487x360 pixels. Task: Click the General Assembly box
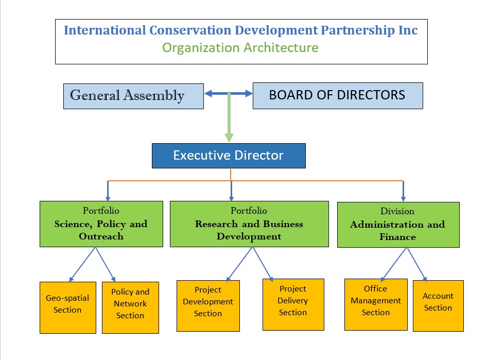point(133,96)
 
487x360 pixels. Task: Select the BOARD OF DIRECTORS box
point(337,95)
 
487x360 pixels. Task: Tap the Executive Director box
point(229,156)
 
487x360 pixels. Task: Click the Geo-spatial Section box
point(67,307)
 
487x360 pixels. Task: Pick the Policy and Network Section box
point(130,307)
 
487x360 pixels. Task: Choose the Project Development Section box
point(208,305)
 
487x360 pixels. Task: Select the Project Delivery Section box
point(293,304)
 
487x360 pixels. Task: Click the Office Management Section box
point(376,304)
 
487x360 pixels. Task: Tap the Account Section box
point(438,305)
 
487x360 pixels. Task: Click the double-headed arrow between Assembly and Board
point(229,94)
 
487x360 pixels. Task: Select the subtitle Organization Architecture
point(240,48)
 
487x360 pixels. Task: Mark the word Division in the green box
point(397,211)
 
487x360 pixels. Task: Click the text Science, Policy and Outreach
point(101,230)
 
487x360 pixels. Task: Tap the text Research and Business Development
point(249,230)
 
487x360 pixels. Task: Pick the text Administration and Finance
point(397,231)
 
